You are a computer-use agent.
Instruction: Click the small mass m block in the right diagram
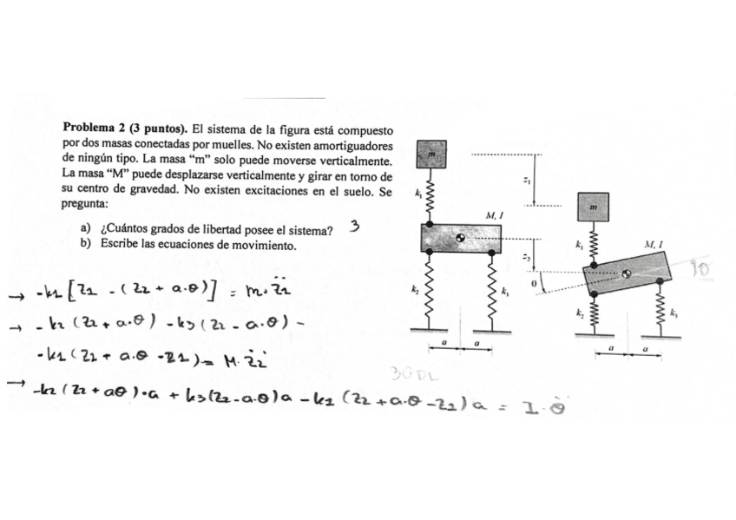593,207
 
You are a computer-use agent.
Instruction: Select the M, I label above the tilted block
654,246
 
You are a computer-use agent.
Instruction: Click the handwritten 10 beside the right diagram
701,272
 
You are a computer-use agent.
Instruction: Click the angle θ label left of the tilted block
536,283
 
